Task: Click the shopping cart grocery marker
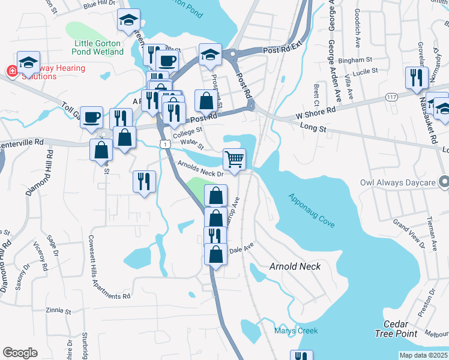(x=234, y=160)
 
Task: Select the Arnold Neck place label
(x=295, y=266)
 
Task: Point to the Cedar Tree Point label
(x=396, y=329)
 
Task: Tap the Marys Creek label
(x=296, y=331)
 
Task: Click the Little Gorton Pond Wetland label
(x=98, y=47)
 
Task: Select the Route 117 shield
(x=392, y=97)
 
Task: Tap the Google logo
(x=20, y=353)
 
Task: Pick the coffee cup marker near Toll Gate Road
(x=91, y=117)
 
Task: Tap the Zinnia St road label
(x=58, y=312)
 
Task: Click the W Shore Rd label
(x=316, y=113)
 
